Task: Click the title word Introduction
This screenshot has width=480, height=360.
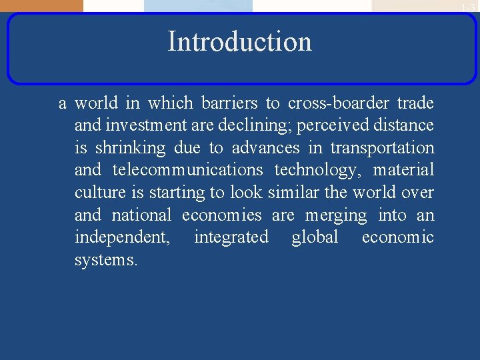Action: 239,41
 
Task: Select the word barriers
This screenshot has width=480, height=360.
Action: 229,103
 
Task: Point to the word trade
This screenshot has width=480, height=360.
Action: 415,103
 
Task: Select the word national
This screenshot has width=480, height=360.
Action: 141,215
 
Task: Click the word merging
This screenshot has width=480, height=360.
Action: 336,216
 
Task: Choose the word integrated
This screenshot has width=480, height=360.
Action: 231,238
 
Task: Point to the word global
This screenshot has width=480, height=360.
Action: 315,237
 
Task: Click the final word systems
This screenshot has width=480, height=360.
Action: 106,261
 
